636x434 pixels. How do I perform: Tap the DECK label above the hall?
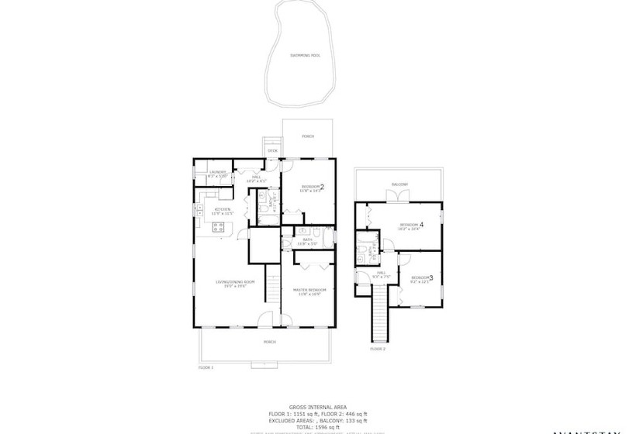pyautogui.click(x=272, y=150)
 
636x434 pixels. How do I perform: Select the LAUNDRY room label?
pyautogui.click(x=217, y=174)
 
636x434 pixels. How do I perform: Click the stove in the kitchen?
pyautogui.click(x=219, y=227)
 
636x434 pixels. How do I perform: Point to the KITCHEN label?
pyautogui.click(x=223, y=210)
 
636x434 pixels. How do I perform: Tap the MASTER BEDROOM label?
pyautogui.click(x=309, y=291)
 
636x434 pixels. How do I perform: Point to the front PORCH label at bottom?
pyautogui.click(x=269, y=342)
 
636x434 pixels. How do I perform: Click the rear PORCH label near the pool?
pyautogui.click(x=308, y=136)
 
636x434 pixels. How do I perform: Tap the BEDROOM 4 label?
pyautogui.click(x=410, y=226)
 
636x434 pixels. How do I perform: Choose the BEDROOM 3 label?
pyautogui.click(x=421, y=278)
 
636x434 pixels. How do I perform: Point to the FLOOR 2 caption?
pyautogui.click(x=377, y=349)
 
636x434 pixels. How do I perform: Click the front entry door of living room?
pyautogui.click(x=266, y=319)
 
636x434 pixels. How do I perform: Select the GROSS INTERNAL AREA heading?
pyautogui.click(x=318, y=406)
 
